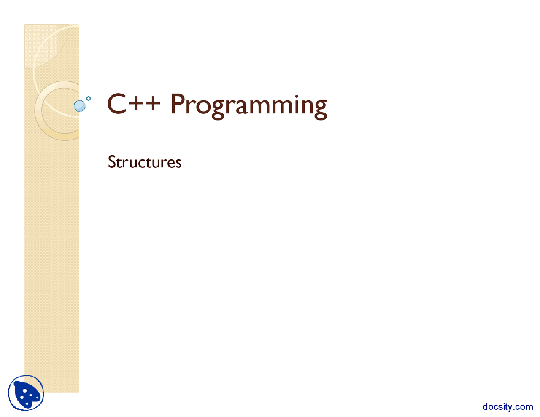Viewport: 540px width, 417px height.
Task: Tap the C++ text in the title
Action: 133,104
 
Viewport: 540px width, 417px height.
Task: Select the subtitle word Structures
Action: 145,162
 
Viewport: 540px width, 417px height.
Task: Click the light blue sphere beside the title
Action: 79,106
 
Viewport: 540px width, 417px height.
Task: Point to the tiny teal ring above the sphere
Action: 89,98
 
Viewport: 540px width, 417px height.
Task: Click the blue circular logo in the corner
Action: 26,393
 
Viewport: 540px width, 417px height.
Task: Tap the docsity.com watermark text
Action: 508,407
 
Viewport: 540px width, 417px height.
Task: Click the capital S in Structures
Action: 112,162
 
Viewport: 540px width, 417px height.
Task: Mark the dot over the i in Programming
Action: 294,95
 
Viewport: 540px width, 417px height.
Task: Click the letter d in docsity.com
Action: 486,407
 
